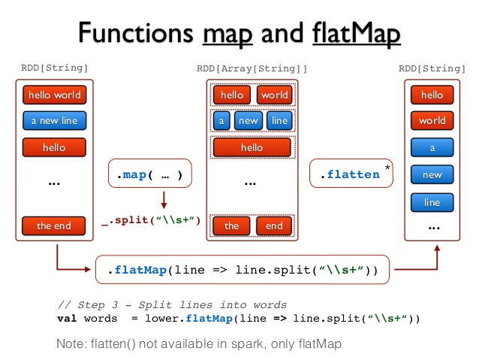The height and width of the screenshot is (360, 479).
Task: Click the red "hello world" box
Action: point(54,95)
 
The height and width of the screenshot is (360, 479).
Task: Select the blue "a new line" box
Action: point(54,120)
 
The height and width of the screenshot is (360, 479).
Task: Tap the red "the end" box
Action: point(54,225)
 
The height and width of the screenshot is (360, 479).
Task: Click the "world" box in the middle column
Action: point(274,95)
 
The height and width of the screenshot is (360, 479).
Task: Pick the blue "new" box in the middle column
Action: point(248,120)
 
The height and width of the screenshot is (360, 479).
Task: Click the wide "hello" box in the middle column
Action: point(252,147)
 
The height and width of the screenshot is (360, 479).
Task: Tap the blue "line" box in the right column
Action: point(432,202)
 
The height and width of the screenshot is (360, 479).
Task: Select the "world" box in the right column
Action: point(432,120)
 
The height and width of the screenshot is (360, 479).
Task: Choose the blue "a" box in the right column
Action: point(432,148)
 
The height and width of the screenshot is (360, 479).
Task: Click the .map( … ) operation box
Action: point(149,174)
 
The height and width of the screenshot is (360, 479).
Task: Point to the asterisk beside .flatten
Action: point(387,166)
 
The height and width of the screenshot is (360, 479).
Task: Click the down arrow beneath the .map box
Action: point(163,200)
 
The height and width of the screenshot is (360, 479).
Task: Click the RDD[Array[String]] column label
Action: point(252,68)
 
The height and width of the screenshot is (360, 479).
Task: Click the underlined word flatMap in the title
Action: point(354,34)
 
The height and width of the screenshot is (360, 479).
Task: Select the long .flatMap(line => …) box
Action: point(243,269)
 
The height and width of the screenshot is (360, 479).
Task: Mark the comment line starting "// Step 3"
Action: point(172,304)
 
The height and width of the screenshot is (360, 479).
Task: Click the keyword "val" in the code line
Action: point(67,317)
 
